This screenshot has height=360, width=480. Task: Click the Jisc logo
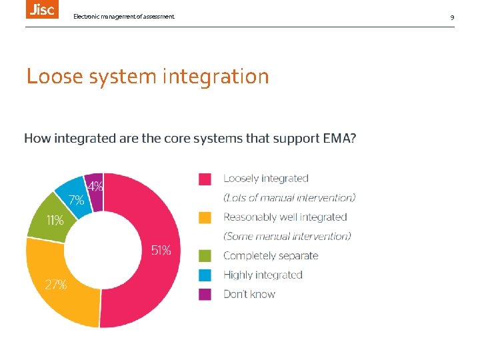[42, 9]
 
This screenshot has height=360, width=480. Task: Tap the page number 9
[452, 16]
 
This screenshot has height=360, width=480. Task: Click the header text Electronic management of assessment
[124, 16]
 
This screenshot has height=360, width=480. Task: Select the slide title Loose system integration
[147, 77]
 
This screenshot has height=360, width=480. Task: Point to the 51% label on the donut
[161, 251]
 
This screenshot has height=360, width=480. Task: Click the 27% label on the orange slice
[55, 285]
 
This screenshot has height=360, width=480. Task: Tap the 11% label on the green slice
[55, 220]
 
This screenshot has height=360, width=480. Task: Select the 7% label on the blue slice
[76, 199]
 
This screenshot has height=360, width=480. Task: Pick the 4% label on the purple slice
[95, 187]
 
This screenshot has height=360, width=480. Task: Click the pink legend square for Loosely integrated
[205, 179]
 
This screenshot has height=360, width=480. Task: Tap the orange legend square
[205, 217]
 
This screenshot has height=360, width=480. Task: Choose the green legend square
[205, 255]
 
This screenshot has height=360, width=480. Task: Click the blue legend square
[205, 275]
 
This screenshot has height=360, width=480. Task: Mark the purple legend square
[205, 294]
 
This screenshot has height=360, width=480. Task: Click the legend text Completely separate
[271, 255]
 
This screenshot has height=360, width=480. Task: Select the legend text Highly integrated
[263, 275]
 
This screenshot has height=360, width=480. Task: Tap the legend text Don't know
[249, 294]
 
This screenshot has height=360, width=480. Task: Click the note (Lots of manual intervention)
[289, 198]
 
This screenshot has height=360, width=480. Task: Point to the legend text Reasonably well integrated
[285, 217]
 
